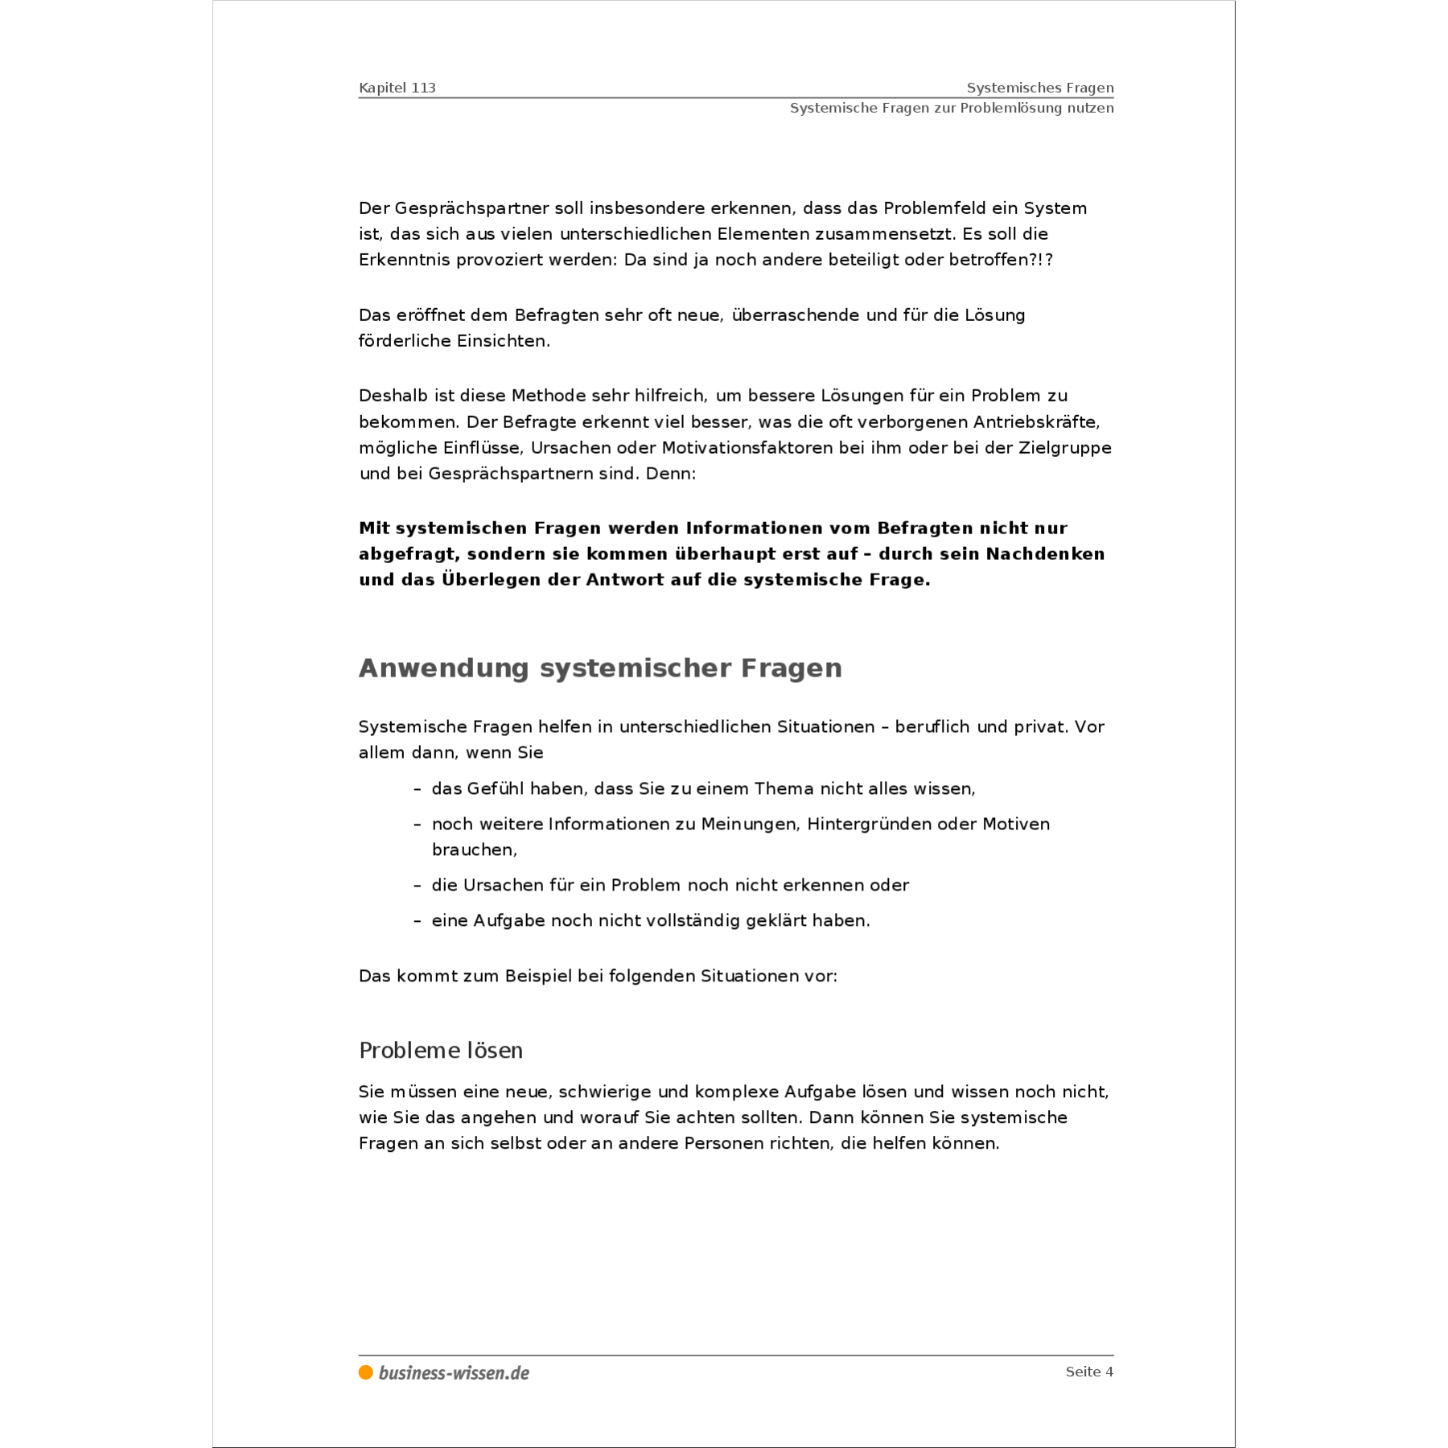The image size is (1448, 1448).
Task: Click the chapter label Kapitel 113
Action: (397, 88)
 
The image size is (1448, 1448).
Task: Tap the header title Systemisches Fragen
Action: (1039, 88)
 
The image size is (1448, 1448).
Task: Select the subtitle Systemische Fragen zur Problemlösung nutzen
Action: (951, 108)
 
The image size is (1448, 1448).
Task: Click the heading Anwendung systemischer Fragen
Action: (599, 668)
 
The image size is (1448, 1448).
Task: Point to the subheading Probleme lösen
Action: (440, 1050)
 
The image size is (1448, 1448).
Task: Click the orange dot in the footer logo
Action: (366, 1372)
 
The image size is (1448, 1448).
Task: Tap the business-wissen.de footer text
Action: (454, 1373)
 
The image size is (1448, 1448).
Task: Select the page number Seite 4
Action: (1089, 1372)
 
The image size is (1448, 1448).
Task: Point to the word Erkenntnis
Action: (405, 260)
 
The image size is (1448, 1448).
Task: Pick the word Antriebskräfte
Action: (1035, 422)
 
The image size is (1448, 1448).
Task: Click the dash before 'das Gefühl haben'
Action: (418, 789)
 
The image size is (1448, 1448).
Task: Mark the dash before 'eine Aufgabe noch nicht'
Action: (418, 921)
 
